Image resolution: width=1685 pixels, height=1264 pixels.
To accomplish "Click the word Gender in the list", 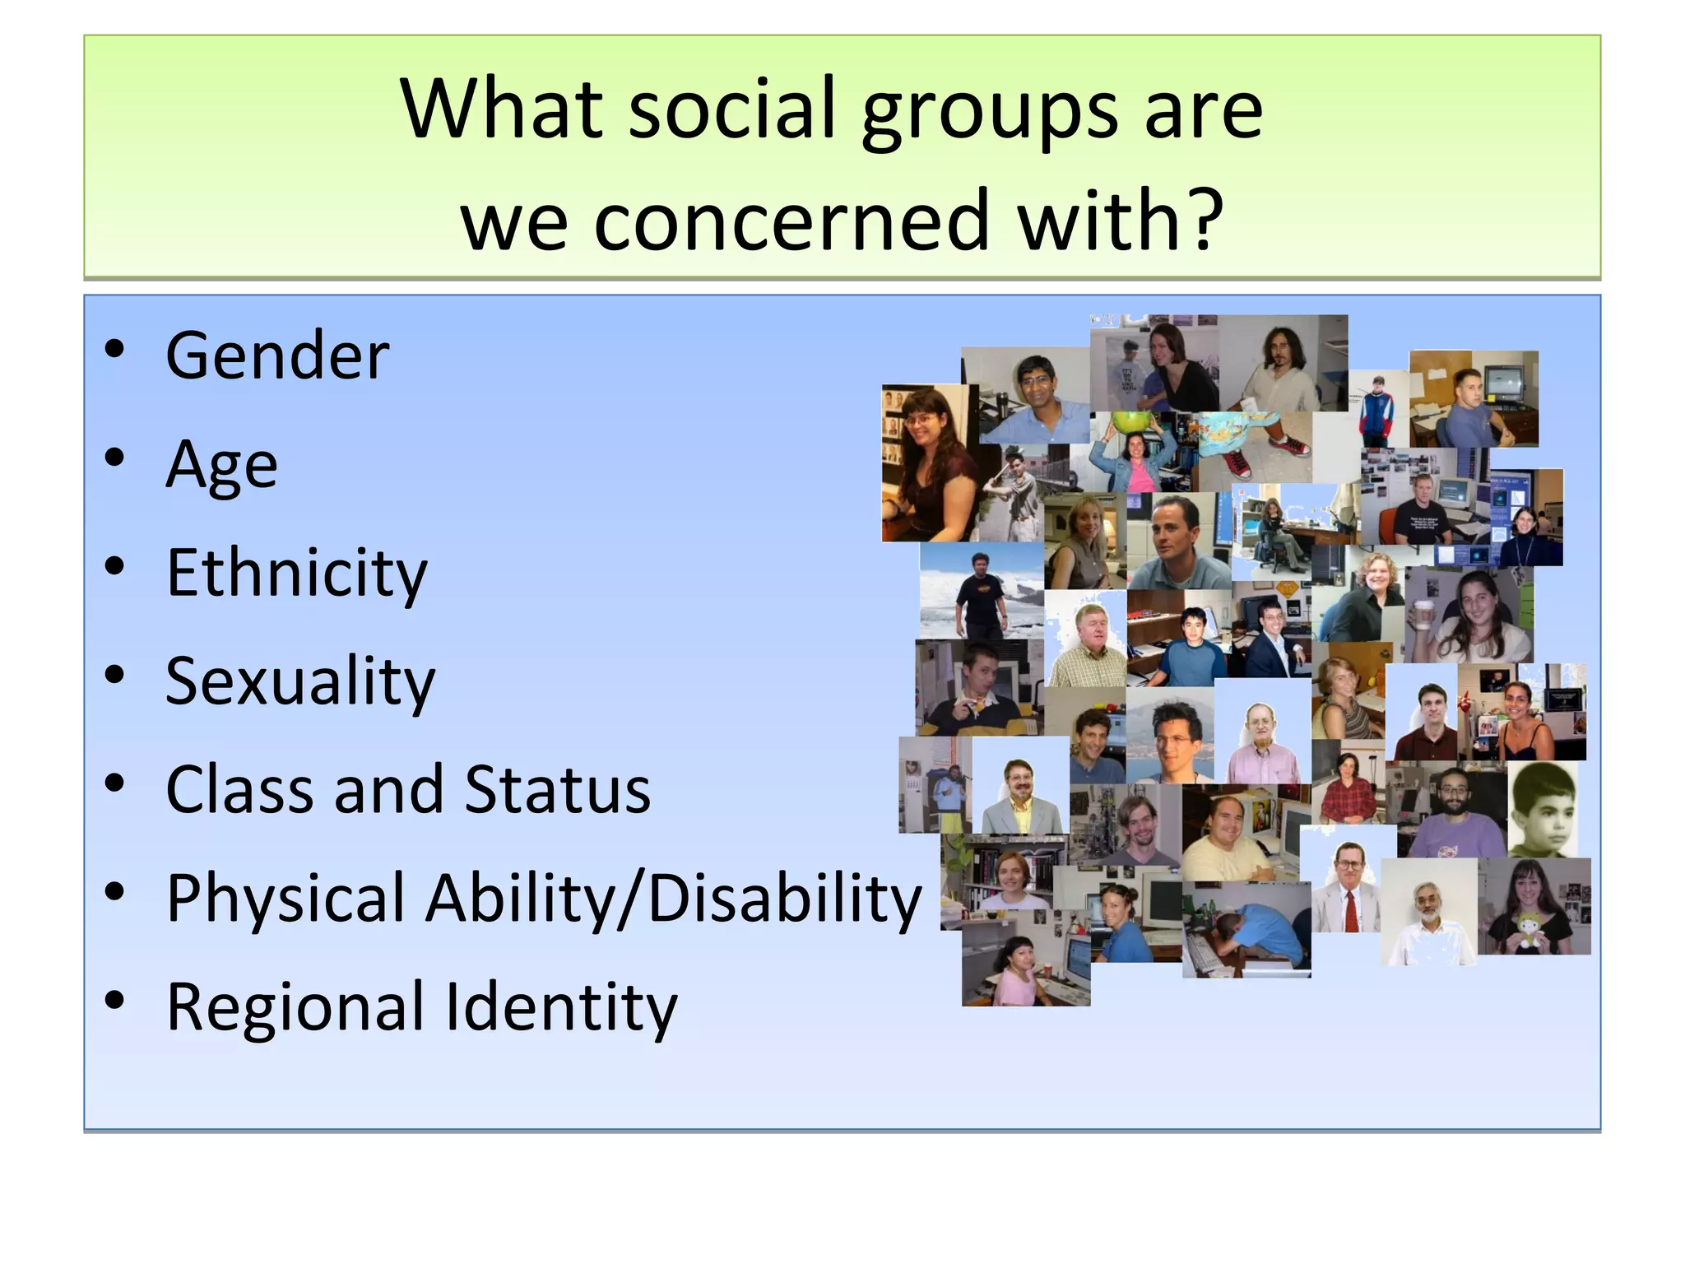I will (x=277, y=355).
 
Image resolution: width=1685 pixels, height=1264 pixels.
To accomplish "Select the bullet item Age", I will (x=221, y=465).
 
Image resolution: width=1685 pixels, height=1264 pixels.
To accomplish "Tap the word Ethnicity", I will (x=296, y=573).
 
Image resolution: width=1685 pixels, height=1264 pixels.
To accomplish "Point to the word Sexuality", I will (x=299, y=681).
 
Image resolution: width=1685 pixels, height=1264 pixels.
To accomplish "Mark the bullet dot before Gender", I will (x=114, y=349).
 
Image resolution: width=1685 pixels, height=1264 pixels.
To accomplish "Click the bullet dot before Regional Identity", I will (x=114, y=1000).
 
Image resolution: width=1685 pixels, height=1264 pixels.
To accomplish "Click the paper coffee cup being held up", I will (x=1424, y=614).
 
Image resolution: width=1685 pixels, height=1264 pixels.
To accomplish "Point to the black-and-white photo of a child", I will (x=1543, y=810).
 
